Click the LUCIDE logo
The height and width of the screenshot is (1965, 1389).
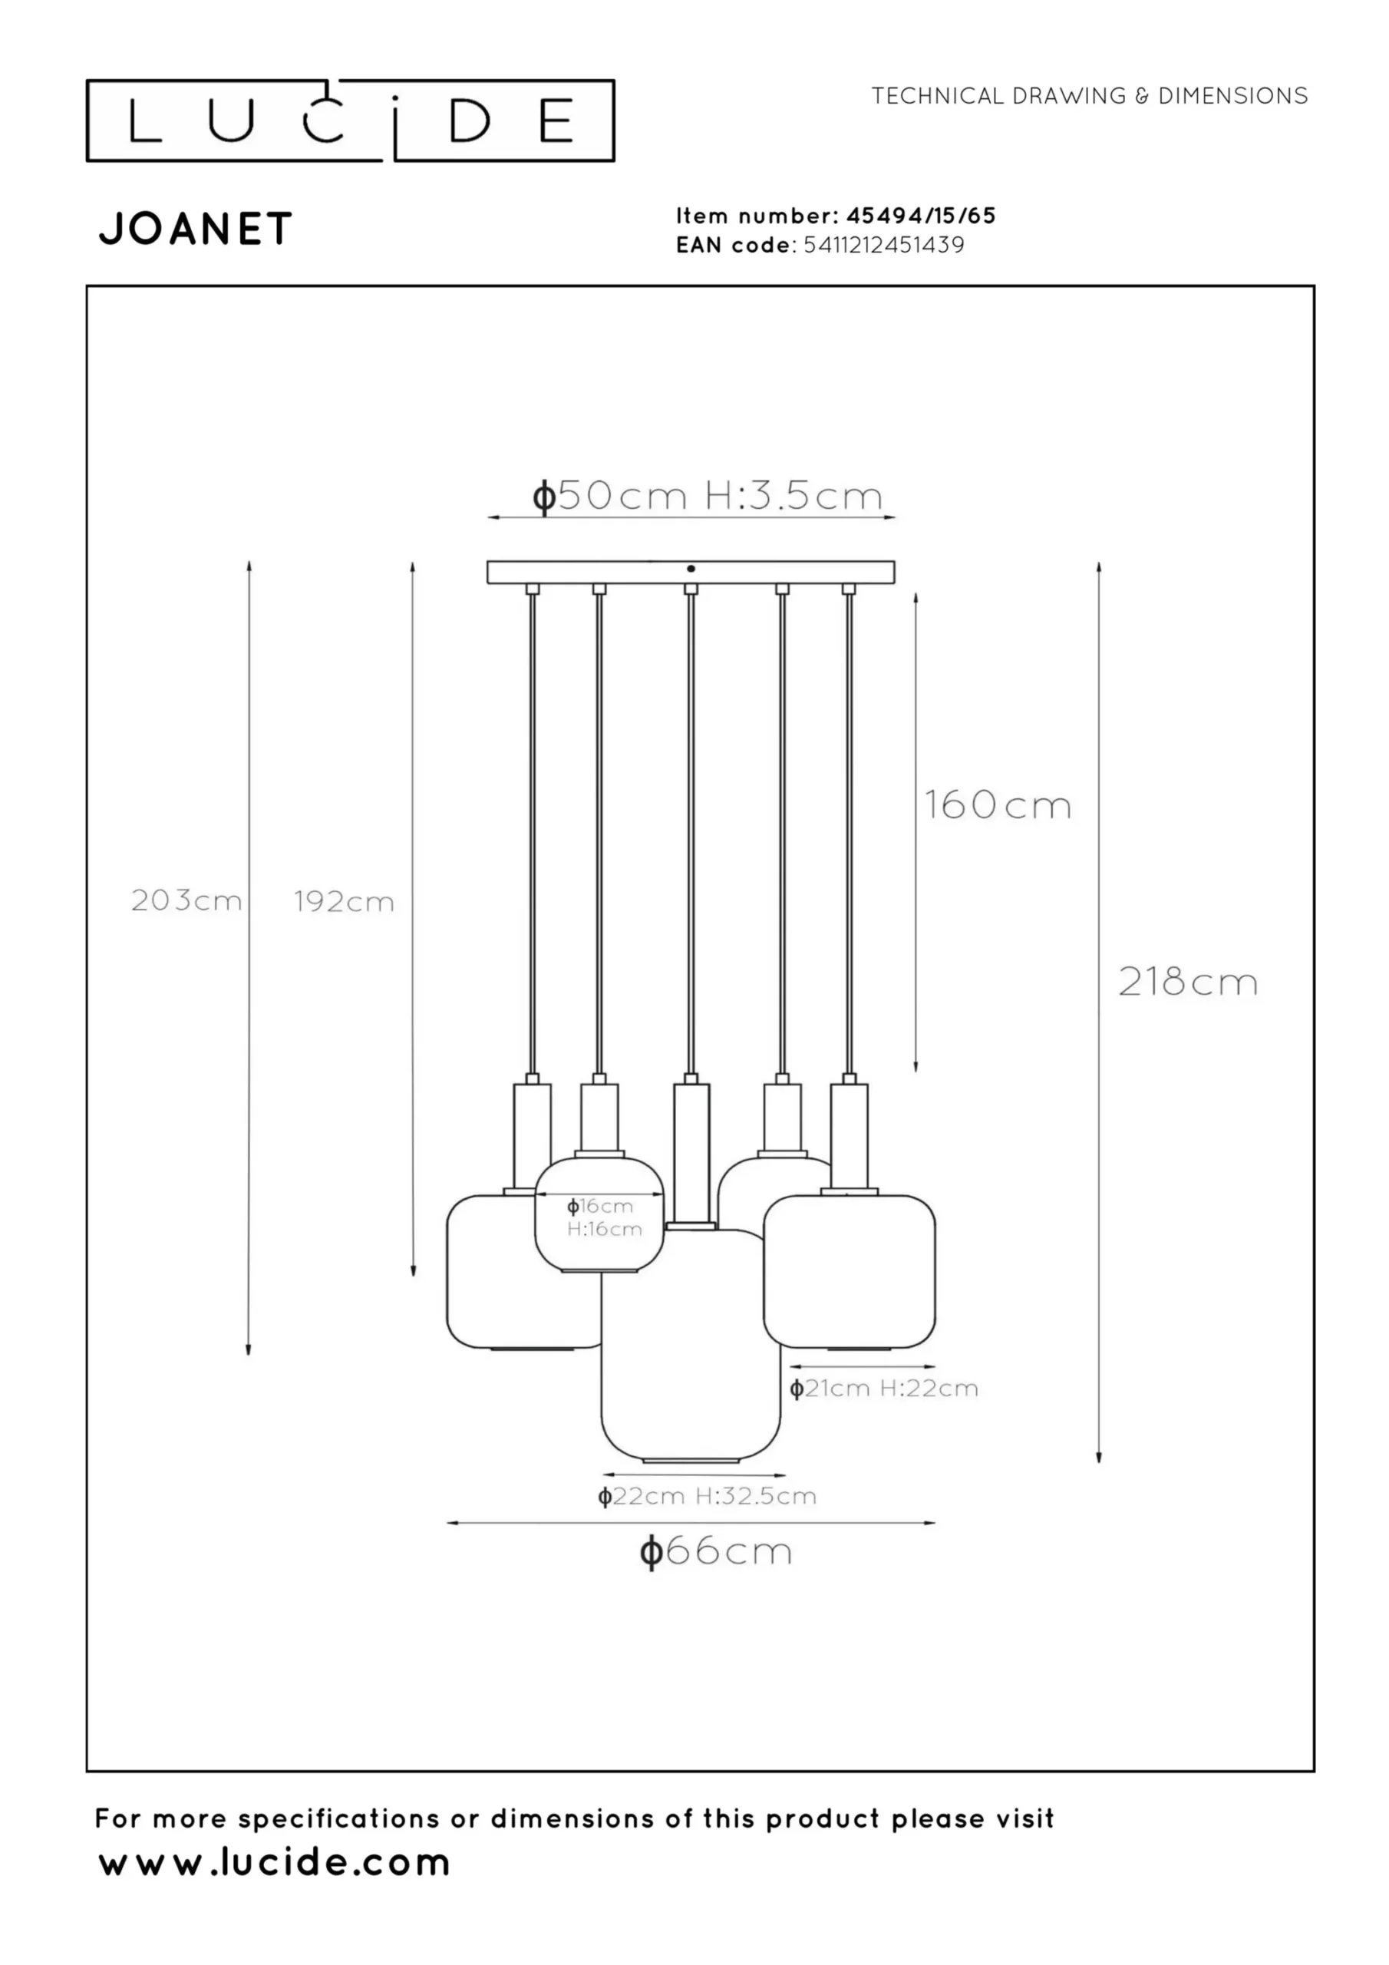(350, 121)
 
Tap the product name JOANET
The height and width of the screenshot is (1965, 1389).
(196, 230)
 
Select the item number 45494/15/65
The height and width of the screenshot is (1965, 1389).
(921, 216)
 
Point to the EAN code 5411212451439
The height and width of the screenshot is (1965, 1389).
(883, 245)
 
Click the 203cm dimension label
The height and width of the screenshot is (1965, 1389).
(186, 900)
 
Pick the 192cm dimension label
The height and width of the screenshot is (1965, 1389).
(344, 901)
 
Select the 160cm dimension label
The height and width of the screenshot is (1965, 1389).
(998, 805)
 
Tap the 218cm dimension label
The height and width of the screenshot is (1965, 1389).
(1188, 982)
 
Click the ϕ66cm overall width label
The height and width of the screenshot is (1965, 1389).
(716, 1551)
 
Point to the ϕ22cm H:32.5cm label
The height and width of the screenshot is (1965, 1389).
(707, 1496)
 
